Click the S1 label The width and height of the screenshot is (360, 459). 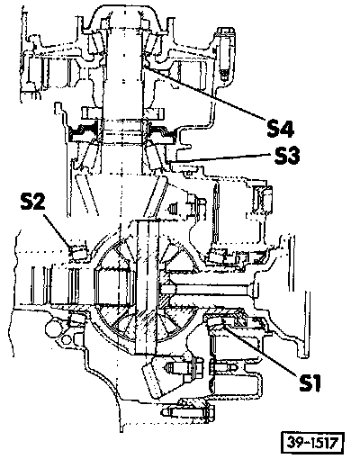tap(310, 382)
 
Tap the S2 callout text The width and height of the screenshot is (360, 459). tap(32, 202)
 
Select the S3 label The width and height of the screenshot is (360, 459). tap(287, 156)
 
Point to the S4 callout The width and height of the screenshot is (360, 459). tap(280, 128)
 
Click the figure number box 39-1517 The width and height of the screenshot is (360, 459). tap(312, 442)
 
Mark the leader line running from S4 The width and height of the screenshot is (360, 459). tap(205, 94)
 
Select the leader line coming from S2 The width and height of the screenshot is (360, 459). tap(58, 230)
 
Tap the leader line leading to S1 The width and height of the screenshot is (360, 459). tap(259, 349)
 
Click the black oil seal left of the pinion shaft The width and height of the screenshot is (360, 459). tap(83, 133)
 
